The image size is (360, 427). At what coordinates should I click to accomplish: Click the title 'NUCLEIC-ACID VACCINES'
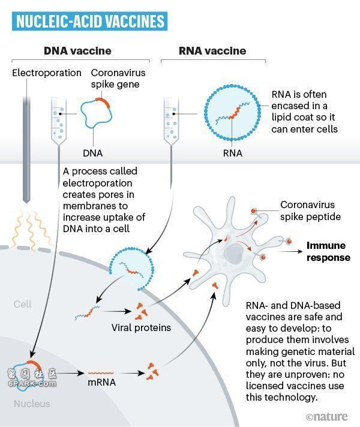coord(89,21)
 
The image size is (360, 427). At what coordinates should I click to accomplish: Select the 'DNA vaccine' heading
coord(77,51)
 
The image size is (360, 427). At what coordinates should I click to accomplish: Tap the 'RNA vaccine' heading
coord(212,51)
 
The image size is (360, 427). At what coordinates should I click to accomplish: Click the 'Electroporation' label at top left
coord(47,73)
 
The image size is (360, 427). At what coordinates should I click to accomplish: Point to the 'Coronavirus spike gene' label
coord(118,79)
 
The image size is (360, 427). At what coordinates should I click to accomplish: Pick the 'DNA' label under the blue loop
coord(93,153)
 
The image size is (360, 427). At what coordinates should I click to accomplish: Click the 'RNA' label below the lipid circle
coord(232,153)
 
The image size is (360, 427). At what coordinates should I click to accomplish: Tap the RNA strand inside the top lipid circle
coord(232,113)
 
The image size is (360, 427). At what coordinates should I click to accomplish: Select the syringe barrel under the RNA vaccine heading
coord(171,120)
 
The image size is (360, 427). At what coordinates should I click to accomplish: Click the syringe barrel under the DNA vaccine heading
coord(59,121)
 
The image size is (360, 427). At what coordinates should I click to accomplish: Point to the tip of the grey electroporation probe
coord(26,203)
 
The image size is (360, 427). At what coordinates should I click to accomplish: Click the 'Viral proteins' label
coord(141,327)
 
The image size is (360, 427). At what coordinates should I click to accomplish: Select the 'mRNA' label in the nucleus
coord(101,383)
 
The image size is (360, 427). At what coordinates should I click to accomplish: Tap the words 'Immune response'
coord(328,251)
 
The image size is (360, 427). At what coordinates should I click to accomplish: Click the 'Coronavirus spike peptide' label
coord(310,211)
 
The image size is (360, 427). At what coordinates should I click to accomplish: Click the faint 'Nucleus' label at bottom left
coord(32,404)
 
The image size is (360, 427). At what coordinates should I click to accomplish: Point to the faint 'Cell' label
coord(23,304)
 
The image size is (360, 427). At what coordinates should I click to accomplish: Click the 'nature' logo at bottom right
coord(327,417)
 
